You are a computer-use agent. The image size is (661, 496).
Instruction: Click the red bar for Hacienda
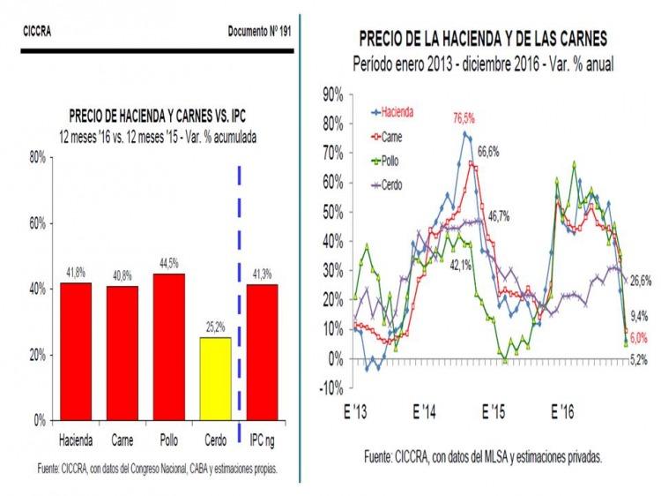coord(75,351)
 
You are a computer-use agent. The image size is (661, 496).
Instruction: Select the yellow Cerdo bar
coord(215,379)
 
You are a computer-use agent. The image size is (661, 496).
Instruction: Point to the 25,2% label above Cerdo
coord(215,330)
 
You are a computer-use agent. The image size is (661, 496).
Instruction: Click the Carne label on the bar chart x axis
coord(122,439)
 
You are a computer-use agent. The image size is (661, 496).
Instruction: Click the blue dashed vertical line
coord(239,291)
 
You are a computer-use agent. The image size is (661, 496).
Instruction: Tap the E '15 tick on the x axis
coord(492,411)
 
